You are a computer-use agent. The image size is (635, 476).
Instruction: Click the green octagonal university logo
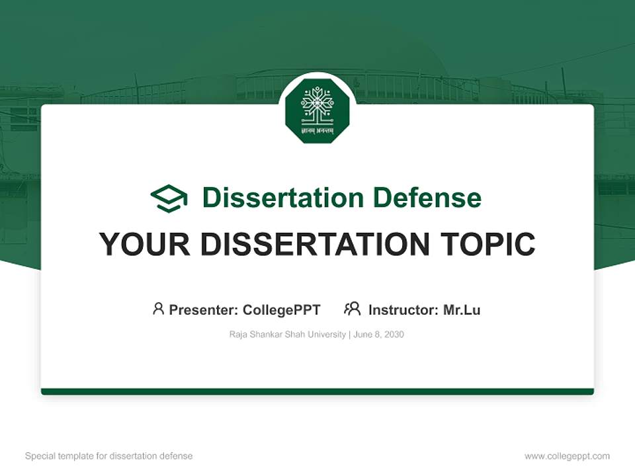317,110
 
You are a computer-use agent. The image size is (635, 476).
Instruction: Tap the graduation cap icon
169,198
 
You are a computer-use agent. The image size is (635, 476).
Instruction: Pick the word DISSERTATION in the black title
316,245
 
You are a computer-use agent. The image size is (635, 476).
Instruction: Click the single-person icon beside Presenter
158,309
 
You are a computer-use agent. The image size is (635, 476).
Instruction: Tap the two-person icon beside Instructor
353,309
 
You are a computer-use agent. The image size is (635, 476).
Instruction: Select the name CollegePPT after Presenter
282,309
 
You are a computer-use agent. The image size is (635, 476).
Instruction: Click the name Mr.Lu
462,309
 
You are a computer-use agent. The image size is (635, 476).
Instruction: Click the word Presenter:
204,309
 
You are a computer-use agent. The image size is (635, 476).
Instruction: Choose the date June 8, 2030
379,335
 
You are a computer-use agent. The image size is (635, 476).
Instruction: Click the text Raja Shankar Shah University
287,335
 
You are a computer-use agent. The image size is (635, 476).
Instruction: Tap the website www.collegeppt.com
567,456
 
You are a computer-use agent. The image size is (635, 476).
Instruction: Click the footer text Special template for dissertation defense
109,456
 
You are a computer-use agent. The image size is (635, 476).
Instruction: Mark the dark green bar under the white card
317,391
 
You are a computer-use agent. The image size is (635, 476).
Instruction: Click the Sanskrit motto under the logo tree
317,131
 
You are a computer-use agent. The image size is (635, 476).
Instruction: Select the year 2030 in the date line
394,335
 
